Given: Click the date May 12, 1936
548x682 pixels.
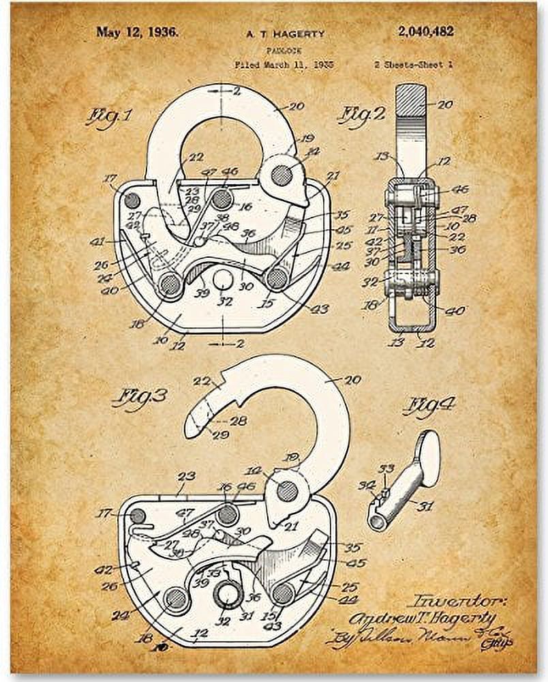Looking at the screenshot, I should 136,31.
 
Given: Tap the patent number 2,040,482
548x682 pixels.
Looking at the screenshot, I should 424,31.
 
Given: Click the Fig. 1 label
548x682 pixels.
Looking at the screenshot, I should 108,117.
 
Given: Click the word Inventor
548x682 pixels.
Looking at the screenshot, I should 457,601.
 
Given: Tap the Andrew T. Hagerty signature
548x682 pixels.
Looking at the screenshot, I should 423,619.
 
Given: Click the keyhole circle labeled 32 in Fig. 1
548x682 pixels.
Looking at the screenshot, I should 223,278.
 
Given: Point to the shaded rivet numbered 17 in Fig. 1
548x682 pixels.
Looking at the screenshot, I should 131,200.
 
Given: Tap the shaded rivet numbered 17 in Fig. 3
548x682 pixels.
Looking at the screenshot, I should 138,515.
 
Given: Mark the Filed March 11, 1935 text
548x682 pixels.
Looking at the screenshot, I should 280,65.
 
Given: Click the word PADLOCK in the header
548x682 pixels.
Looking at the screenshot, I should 279,50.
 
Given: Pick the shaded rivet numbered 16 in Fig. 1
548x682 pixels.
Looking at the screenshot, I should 221,199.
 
